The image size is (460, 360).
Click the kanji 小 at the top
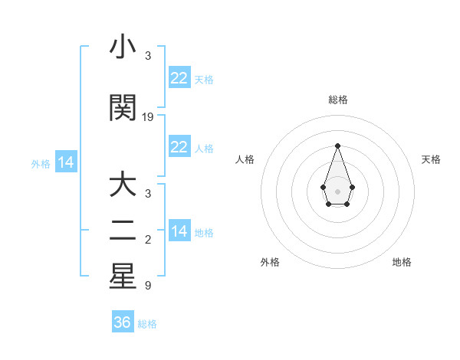pyautogui.click(x=123, y=47)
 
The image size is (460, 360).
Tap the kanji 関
pyautogui.click(x=123, y=108)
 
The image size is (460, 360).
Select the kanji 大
pyautogui.click(x=123, y=185)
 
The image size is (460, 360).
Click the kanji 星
pyautogui.click(x=123, y=277)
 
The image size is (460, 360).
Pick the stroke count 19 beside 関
pyautogui.click(x=148, y=117)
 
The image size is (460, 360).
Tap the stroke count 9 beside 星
pyautogui.click(x=148, y=286)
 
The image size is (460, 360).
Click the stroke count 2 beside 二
pyautogui.click(x=148, y=241)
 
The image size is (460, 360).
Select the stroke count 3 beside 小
pyautogui.click(x=148, y=56)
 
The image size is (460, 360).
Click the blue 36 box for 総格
pyautogui.click(x=123, y=322)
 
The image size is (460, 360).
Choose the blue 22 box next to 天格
pyautogui.click(x=179, y=78)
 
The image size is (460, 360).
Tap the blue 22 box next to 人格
pyautogui.click(x=179, y=147)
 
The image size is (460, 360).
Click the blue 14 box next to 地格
pyautogui.click(x=179, y=231)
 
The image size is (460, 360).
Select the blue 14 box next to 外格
pyautogui.click(x=65, y=162)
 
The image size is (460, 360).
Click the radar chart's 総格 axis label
pyautogui.click(x=337, y=100)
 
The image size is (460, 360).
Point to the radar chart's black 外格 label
pyautogui.click(x=270, y=262)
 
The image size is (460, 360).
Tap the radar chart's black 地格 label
pyautogui.click(x=402, y=262)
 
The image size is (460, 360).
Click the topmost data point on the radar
pyautogui.click(x=337, y=145)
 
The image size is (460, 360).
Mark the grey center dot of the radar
pyautogui.click(x=337, y=191)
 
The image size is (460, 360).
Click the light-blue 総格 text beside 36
pyautogui.click(x=147, y=324)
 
